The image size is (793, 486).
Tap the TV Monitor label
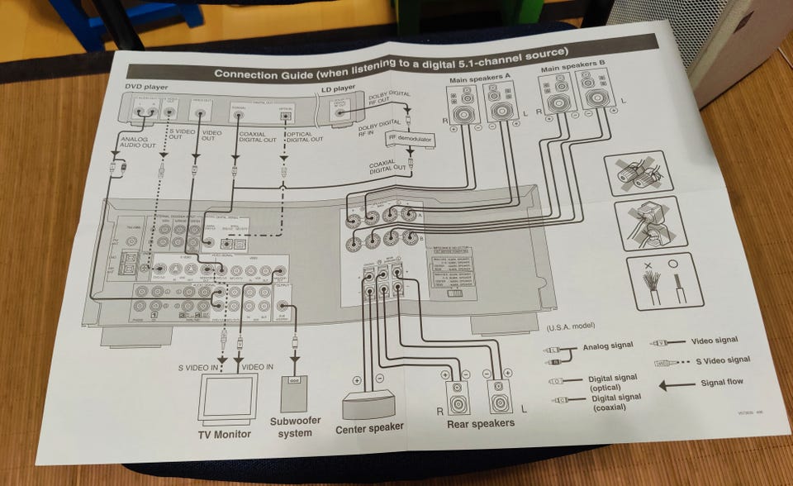223,435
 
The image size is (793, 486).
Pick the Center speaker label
368,428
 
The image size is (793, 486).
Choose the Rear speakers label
480,423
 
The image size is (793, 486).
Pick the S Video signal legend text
722,360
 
